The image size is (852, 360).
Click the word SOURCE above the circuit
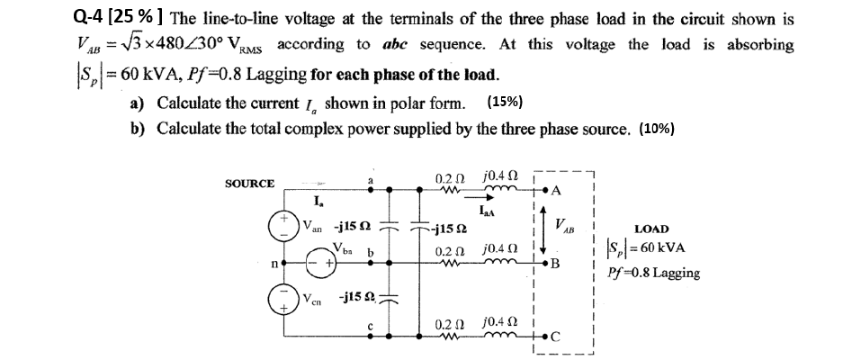[x=250, y=184]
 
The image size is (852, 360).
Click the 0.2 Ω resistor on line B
[x=450, y=264]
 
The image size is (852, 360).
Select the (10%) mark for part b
[x=657, y=129]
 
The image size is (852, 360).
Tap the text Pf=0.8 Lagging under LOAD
[x=654, y=273]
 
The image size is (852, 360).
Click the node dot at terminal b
[x=388, y=263]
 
